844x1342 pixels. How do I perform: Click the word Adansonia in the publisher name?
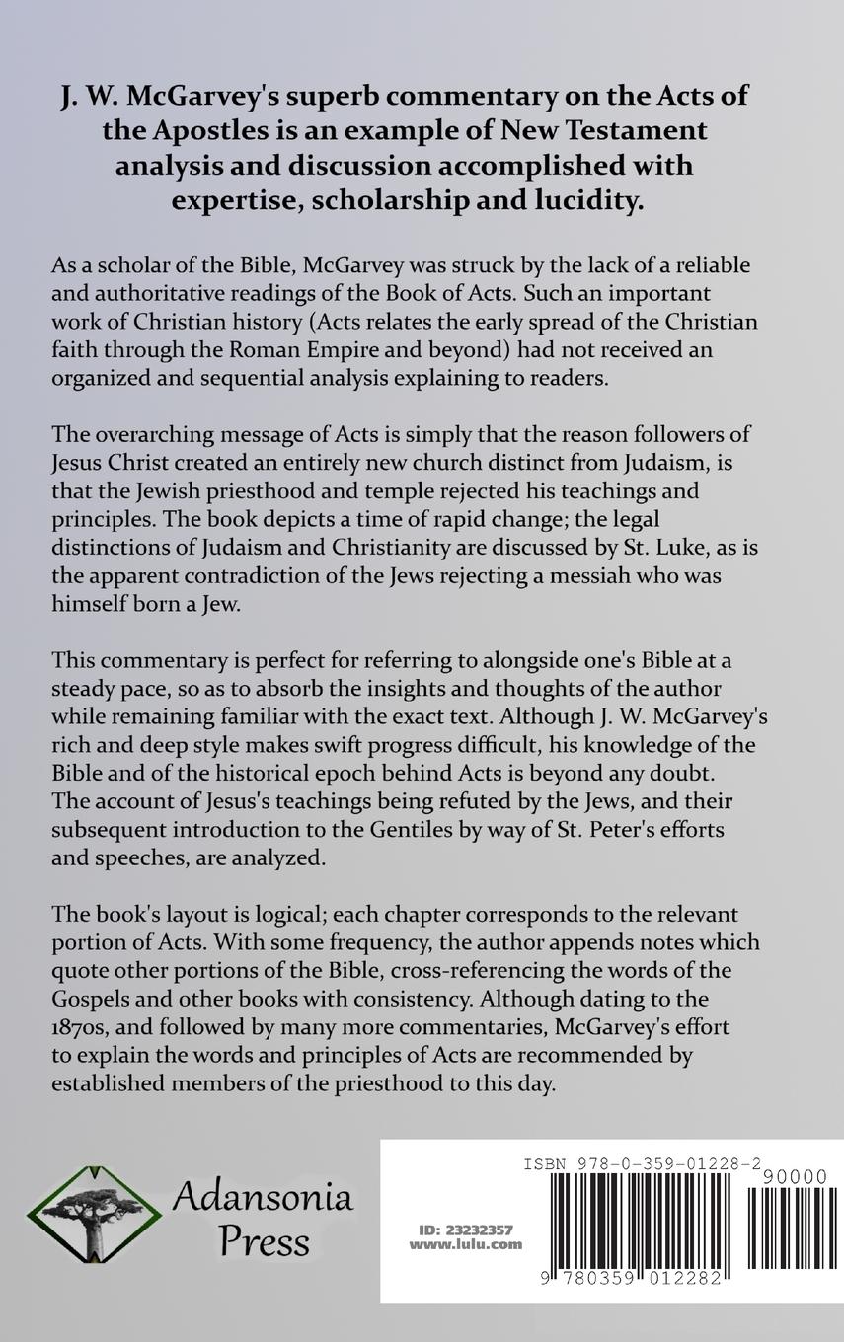[262, 1197]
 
